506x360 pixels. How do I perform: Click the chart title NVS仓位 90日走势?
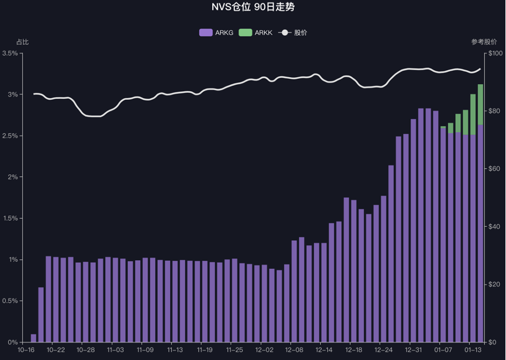point(253,8)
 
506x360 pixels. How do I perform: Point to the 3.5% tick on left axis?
point(10,53)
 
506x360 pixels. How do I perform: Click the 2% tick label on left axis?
point(13,177)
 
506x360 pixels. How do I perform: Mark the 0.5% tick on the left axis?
point(10,301)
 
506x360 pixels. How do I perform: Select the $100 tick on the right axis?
point(494,53)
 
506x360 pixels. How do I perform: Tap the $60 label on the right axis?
point(494,169)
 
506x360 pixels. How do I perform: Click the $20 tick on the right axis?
point(494,285)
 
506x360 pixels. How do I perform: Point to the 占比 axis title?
point(22,42)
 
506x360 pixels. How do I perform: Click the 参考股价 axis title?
point(483,42)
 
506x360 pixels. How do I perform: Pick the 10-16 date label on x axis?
point(26,351)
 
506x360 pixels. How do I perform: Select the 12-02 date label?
point(264,351)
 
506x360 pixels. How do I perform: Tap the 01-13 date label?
point(473,351)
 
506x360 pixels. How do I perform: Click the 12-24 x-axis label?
point(383,351)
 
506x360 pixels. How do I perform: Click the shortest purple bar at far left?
point(33,338)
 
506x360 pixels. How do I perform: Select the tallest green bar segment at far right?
point(480,104)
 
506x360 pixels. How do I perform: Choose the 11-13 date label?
point(175,351)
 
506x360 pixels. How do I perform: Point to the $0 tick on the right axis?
point(492,342)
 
